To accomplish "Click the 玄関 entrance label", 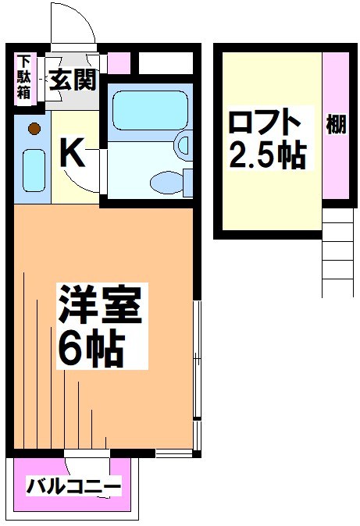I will pyautogui.click(x=71, y=79).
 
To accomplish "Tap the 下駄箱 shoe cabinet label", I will pyautogui.click(x=24, y=76).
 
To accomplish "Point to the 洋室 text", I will pyautogui.click(x=98, y=307).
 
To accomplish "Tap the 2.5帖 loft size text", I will pyautogui.click(x=266, y=157).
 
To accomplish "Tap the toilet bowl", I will pyautogui.click(x=169, y=183).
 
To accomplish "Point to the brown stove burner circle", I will pyautogui.click(x=34, y=128).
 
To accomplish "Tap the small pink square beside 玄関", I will pyautogui.click(x=118, y=63).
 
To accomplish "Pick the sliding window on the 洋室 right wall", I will pyautogui.click(x=197, y=359).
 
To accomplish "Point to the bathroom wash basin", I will pyautogui.click(x=184, y=144).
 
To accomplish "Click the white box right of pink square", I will pyautogui.click(x=165, y=63).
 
